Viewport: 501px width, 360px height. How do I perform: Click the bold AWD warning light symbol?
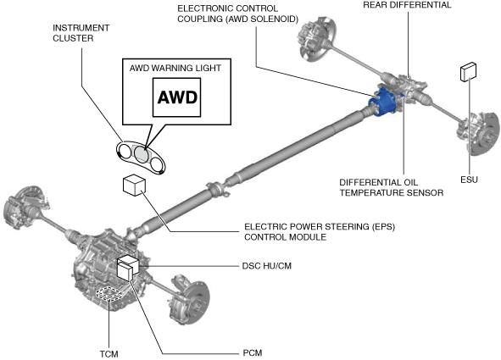click(177, 97)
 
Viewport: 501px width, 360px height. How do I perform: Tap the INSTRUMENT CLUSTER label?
click(81, 33)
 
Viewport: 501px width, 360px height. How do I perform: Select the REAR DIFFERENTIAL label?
click(407, 5)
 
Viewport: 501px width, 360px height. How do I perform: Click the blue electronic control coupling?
click(382, 102)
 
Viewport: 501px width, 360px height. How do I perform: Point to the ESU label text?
click(469, 180)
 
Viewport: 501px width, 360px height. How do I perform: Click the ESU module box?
click(468, 72)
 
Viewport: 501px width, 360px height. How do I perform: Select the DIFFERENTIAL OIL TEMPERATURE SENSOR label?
click(392, 188)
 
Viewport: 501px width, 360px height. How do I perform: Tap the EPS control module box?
click(134, 185)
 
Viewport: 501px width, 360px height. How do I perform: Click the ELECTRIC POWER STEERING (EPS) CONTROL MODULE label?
click(320, 232)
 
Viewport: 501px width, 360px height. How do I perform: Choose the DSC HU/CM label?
click(267, 266)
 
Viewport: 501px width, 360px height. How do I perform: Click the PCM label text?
click(253, 353)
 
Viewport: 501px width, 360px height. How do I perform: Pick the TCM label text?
click(109, 354)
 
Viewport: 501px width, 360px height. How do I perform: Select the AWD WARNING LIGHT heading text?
click(175, 68)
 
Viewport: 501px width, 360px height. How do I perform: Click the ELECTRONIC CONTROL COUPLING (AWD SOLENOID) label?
click(237, 14)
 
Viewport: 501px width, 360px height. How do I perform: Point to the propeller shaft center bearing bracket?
click(218, 189)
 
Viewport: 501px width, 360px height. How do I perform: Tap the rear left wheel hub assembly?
click(317, 36)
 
